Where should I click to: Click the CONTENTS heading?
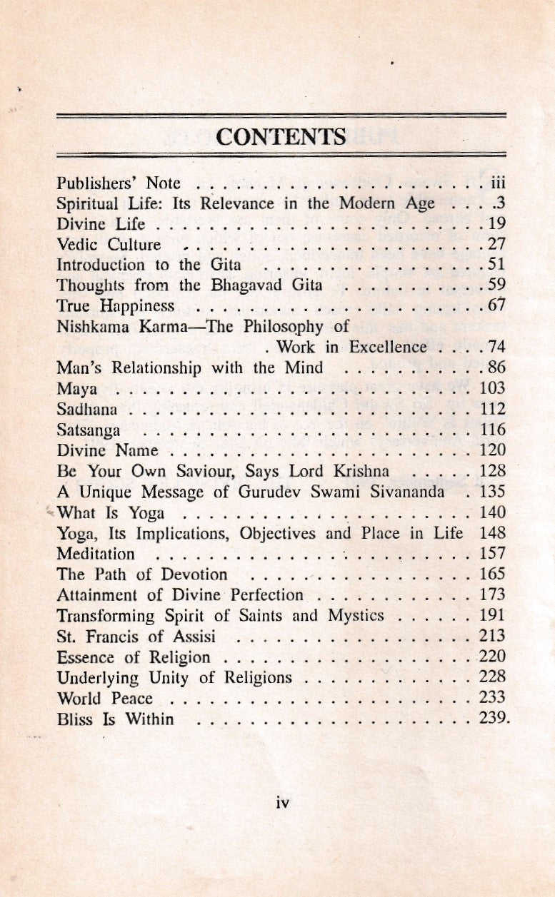tap(281, 136)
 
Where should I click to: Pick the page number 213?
tap(493, 636)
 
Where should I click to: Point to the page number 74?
tap(496, 348)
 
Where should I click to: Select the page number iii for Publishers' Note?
tap(499, 183)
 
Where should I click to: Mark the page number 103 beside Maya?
tap(493, 389)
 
